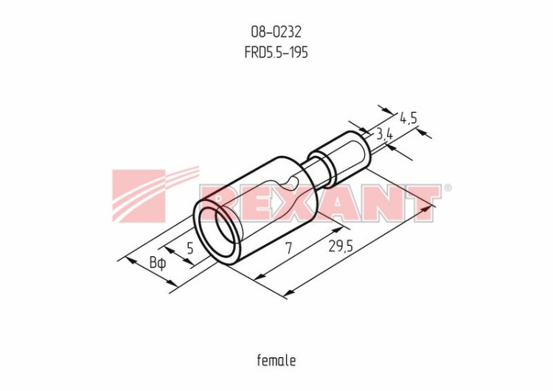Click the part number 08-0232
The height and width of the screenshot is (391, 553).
coord(276,32)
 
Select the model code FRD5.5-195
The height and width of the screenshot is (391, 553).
coord(276,52)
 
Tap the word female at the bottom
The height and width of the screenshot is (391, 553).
coord(276,360)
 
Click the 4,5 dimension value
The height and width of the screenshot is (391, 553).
coord(408,118)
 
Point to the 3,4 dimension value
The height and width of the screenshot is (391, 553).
coord(384,134)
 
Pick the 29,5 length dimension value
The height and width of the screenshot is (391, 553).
coord(341,246)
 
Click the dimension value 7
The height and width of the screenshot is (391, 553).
coord(289,248)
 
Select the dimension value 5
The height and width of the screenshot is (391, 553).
coord(190,248)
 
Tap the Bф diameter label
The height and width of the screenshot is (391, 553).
coord(157,263)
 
